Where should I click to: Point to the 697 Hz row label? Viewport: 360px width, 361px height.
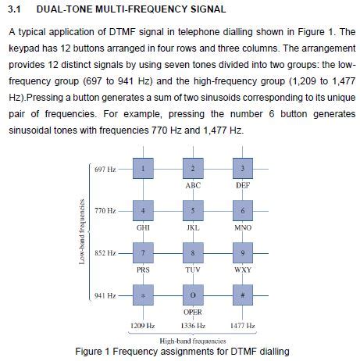pos(104,170)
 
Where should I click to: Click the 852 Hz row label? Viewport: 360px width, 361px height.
pos(104,253)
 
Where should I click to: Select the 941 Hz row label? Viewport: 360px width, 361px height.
pos(104,296)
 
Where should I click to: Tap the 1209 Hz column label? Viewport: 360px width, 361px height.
pos(142,325)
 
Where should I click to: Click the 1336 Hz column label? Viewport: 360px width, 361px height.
pos(192,325)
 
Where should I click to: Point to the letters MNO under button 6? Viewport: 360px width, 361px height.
pos(242,228)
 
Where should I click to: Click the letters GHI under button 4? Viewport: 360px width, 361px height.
pos(144,228)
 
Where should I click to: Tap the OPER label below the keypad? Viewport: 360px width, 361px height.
pos(193,312)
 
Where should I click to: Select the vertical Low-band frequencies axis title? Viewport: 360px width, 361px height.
pos(81,232)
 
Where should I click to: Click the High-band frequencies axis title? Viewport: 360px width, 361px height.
pos(192,340)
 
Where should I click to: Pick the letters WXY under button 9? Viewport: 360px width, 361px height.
pos(242,270)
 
